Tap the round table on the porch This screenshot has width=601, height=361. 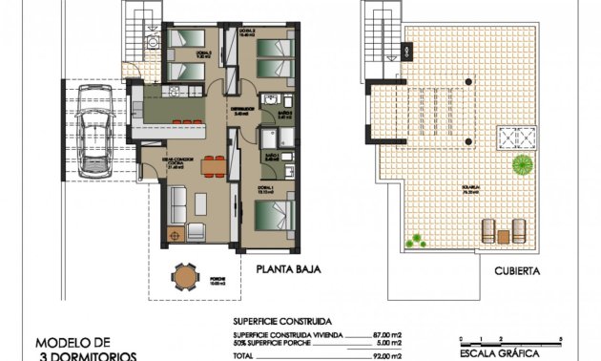click(x=184, y=277)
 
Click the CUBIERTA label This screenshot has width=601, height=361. click(x=518, y=271)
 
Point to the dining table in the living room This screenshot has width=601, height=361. click(x=212, y=167)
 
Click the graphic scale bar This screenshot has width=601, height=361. click(x=510, y=341)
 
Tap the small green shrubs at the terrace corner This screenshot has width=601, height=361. click(x=415, y=239)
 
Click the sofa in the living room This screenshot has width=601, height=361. click(x=177, y=205)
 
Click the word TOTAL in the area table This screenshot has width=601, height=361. click(x=244, y=355)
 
